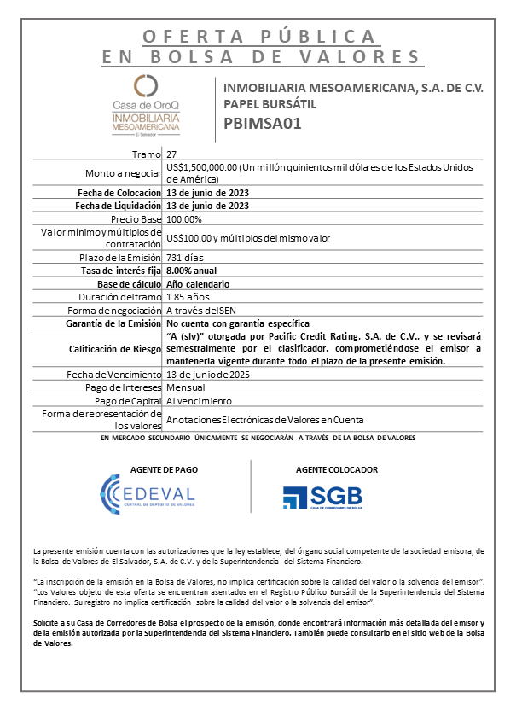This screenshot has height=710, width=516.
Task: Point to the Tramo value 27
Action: pyautogui.click(x=172, y=154)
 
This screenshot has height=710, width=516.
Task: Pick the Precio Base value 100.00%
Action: pyautogui.click(x=185, y=218)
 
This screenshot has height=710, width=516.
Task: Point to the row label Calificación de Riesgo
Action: pyautogui.click(x=116, y=348)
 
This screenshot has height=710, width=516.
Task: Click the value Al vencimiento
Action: pyautogui.click(x=198, y=400)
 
